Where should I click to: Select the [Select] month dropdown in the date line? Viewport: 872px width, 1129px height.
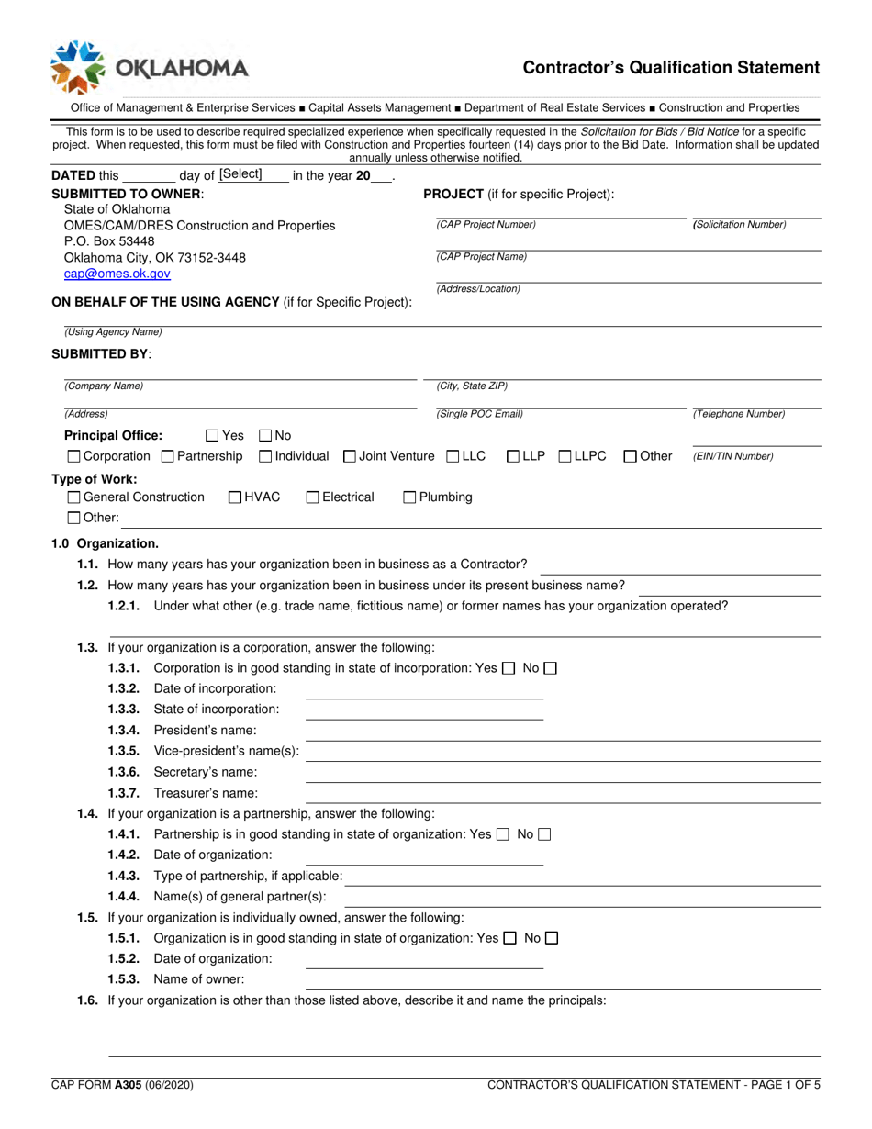pos(240,174)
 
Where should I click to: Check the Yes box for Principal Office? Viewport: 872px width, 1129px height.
pos(212,436)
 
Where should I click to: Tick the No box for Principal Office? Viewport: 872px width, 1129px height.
pos(265,436)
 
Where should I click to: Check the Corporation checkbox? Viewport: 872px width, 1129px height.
pos(73,456)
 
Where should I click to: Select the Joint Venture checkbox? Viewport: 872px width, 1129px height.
pos(350,456)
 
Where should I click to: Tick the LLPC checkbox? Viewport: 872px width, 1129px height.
pos(565,456)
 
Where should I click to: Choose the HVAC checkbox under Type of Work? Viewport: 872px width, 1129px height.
pos(235,497)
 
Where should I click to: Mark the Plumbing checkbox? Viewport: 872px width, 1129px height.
pos(410,497)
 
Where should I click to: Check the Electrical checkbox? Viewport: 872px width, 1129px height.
pos(312,497)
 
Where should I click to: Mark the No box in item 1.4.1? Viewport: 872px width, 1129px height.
pos(544,834)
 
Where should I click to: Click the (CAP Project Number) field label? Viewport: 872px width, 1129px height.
pos(486,225)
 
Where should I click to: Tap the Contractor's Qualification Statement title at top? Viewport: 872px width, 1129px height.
pos(671,67)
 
